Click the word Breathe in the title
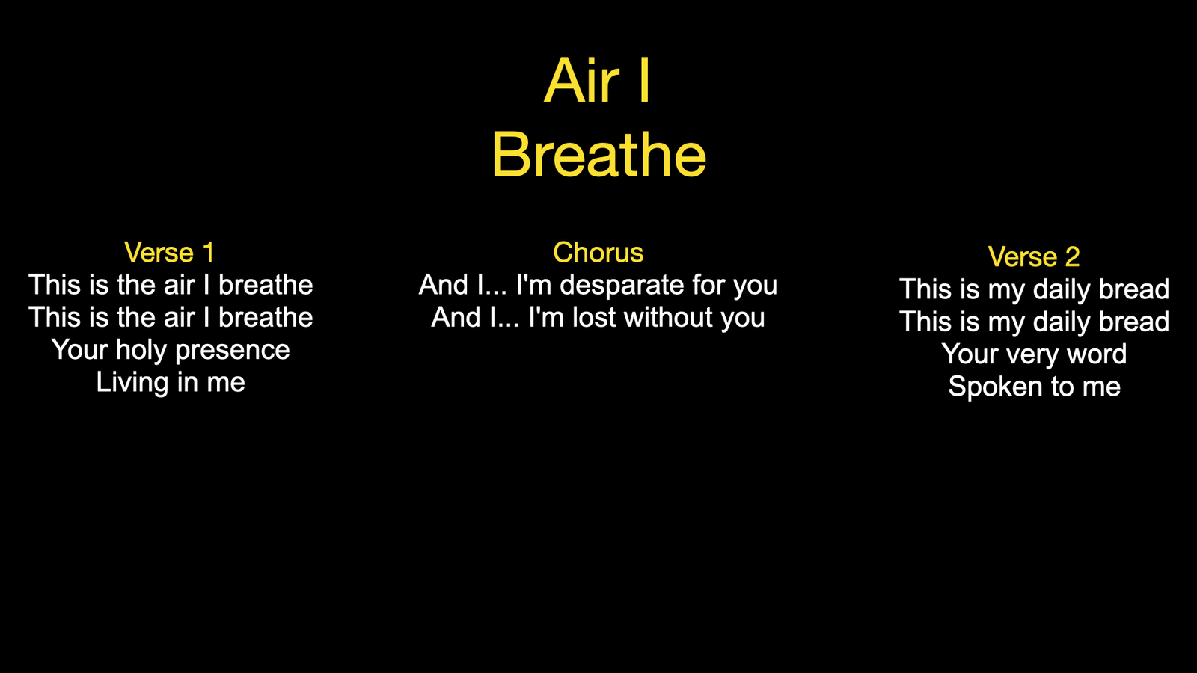[x=599, y=155]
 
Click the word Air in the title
[x=581, y=81]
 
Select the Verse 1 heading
[x=169, y=252]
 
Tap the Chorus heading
[x=598, y=252]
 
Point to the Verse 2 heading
[x=1034, y=256]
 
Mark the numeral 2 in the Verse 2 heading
[x=1073, y=257]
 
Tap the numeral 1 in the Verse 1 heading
[x=209, y=252]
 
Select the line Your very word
[x=1034, y=354]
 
